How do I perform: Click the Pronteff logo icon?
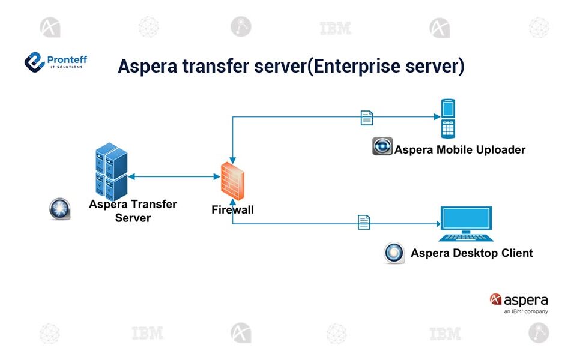click(34, 61)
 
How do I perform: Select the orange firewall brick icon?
click(232, 181)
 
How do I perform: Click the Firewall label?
click(232, 209)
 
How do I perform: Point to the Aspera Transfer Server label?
click(133, 210)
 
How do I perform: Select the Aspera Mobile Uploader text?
click(459, 149)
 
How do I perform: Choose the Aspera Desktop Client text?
click(471, 253)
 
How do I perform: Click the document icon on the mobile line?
click(366, 118)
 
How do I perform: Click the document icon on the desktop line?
click(364, 222)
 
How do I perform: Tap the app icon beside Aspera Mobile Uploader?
click(382, 146)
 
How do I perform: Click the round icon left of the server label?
click(59, 209)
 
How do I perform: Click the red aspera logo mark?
click(495, 299)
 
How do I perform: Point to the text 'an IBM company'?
click(526, 311)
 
